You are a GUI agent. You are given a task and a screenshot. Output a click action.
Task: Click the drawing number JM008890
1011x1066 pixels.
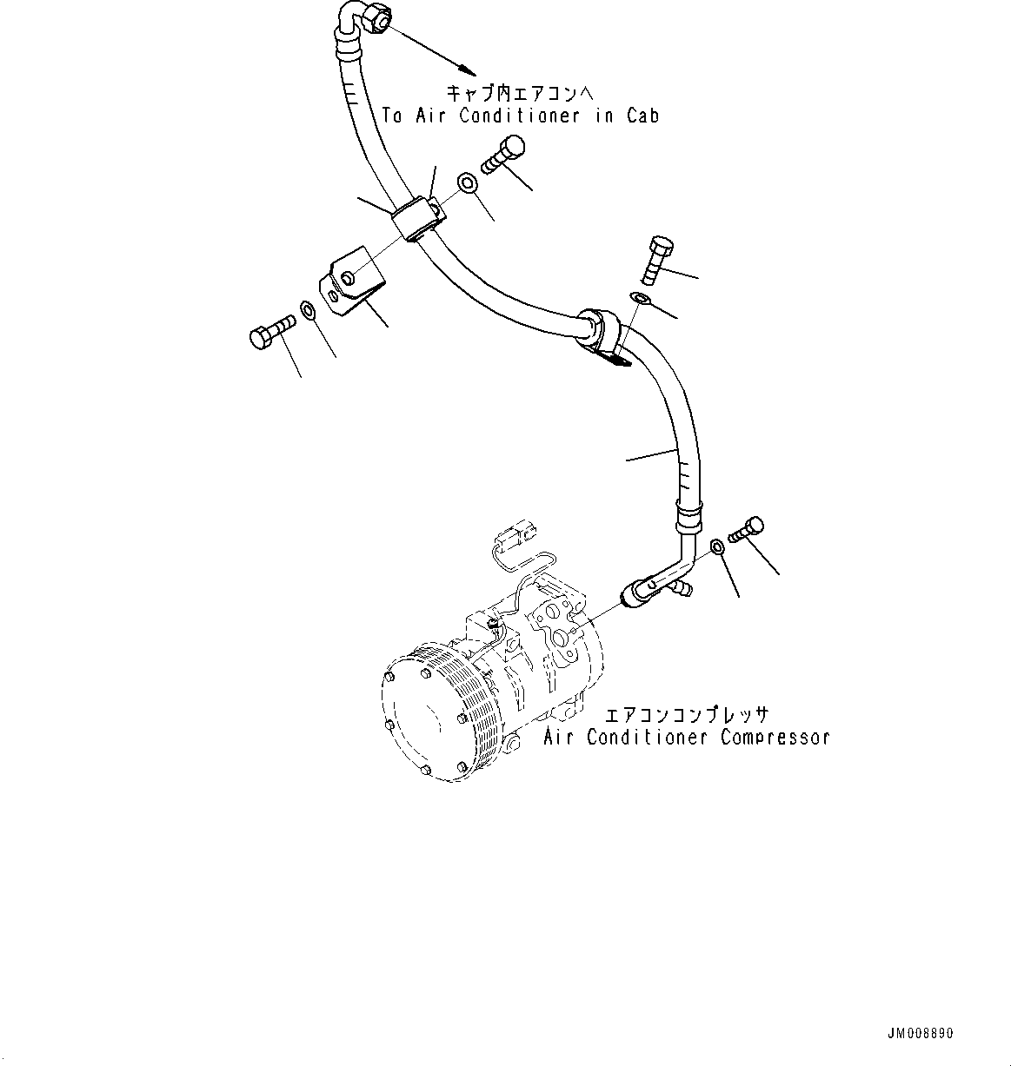[920, 1034]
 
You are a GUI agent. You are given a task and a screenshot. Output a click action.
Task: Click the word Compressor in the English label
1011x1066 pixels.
[775, 738]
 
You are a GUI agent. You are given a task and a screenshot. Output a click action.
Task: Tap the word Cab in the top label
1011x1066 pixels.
[642, 116]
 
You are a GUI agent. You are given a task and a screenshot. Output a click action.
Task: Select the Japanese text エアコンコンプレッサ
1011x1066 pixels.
[687, 716]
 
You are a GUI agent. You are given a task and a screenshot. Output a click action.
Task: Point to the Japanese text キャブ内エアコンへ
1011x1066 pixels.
[522, 93]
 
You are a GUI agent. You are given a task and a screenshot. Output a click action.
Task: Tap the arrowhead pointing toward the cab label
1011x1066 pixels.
[466, 67]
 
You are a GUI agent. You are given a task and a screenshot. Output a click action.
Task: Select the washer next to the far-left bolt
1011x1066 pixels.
[308, 310]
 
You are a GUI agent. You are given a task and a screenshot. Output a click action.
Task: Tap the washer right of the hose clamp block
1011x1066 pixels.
[467, 182]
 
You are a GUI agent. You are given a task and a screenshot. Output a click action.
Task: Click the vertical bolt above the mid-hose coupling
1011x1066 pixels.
[655, 258]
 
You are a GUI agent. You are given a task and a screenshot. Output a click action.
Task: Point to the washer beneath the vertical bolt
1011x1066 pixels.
[640, 300]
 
